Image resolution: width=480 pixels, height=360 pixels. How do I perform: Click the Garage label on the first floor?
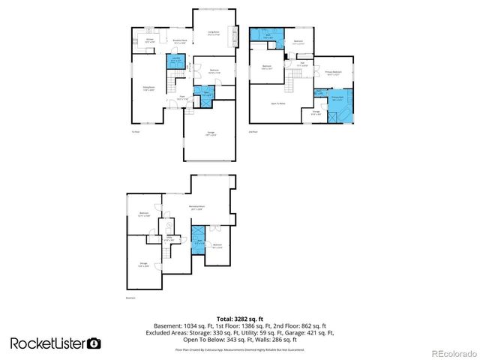click(x=211, y=133)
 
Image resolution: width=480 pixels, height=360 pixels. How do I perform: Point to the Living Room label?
click(x=214, y=33)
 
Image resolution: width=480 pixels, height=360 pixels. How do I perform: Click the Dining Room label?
click(x=148, y=88)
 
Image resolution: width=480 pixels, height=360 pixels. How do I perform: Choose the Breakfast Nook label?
click(x=180, y=42)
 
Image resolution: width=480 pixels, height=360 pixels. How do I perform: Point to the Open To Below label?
click(x=278, y=103)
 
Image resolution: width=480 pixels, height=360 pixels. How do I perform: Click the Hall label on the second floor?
click(x=303, y=64)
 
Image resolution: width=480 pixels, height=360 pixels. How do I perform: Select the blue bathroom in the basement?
click(x=199, y=241)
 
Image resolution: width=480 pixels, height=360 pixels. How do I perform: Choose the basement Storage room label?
click(x=143, y=264)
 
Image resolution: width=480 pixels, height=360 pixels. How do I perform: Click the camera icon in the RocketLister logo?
click(x=94, y=343)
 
